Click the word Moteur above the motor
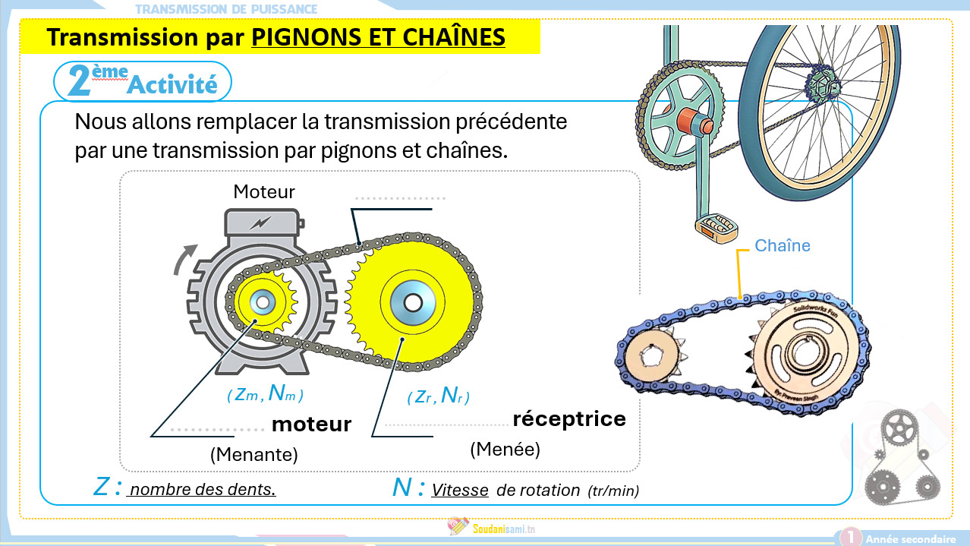(x=264, y=191)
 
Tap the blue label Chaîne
(x=783, y=246)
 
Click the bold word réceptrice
(x=569, y=418)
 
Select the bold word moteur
(x=311, y=424)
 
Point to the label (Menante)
(x=254, y=455)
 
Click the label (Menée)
(x=505, y=450)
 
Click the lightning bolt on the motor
(x=260, y=223)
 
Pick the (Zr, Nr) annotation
(x=438, y=396)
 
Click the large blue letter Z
(x=102, y=487)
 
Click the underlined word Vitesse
(x=460, y=491)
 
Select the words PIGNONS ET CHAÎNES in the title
(x=378, y=36)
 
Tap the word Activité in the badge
(x=172, y=85)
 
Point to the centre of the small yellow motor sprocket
(x=263, y=302)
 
